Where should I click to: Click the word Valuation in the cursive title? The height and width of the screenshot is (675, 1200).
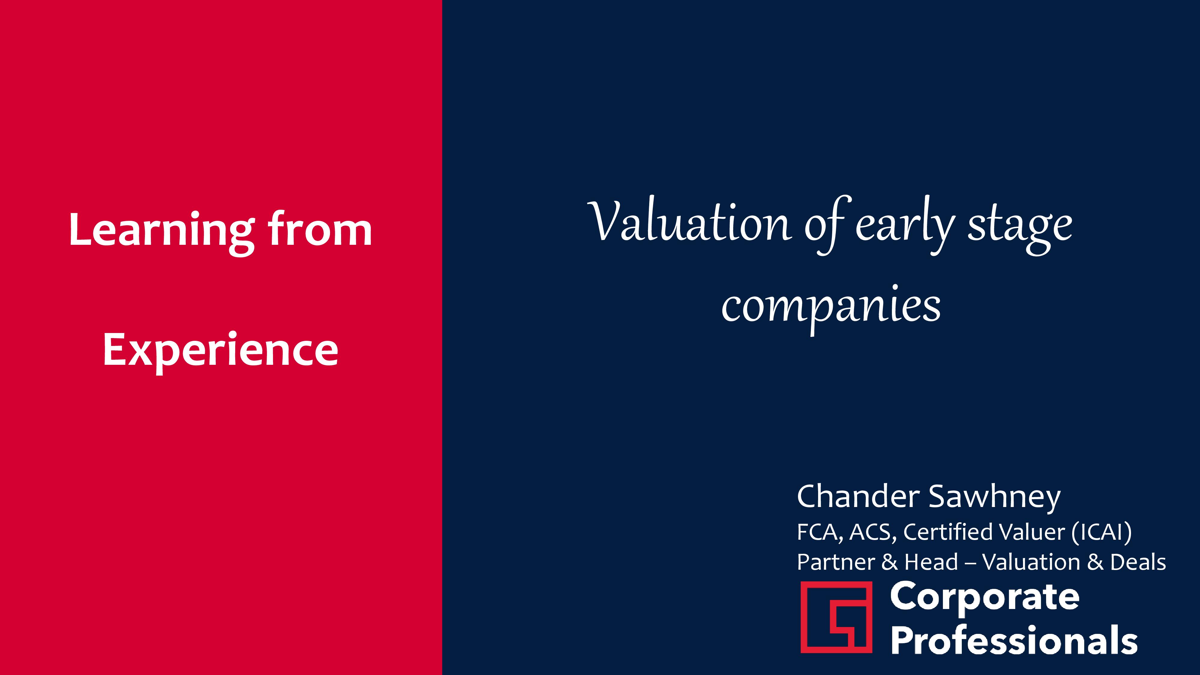point(689,222)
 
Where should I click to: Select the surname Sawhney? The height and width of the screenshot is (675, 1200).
point(995,498)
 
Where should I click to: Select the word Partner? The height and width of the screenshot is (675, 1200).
point(836,562)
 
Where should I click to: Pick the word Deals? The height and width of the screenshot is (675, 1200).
point(1138,562)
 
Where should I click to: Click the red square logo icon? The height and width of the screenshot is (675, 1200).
point(836,617)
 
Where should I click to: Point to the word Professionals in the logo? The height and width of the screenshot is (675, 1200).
point(1014,640)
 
